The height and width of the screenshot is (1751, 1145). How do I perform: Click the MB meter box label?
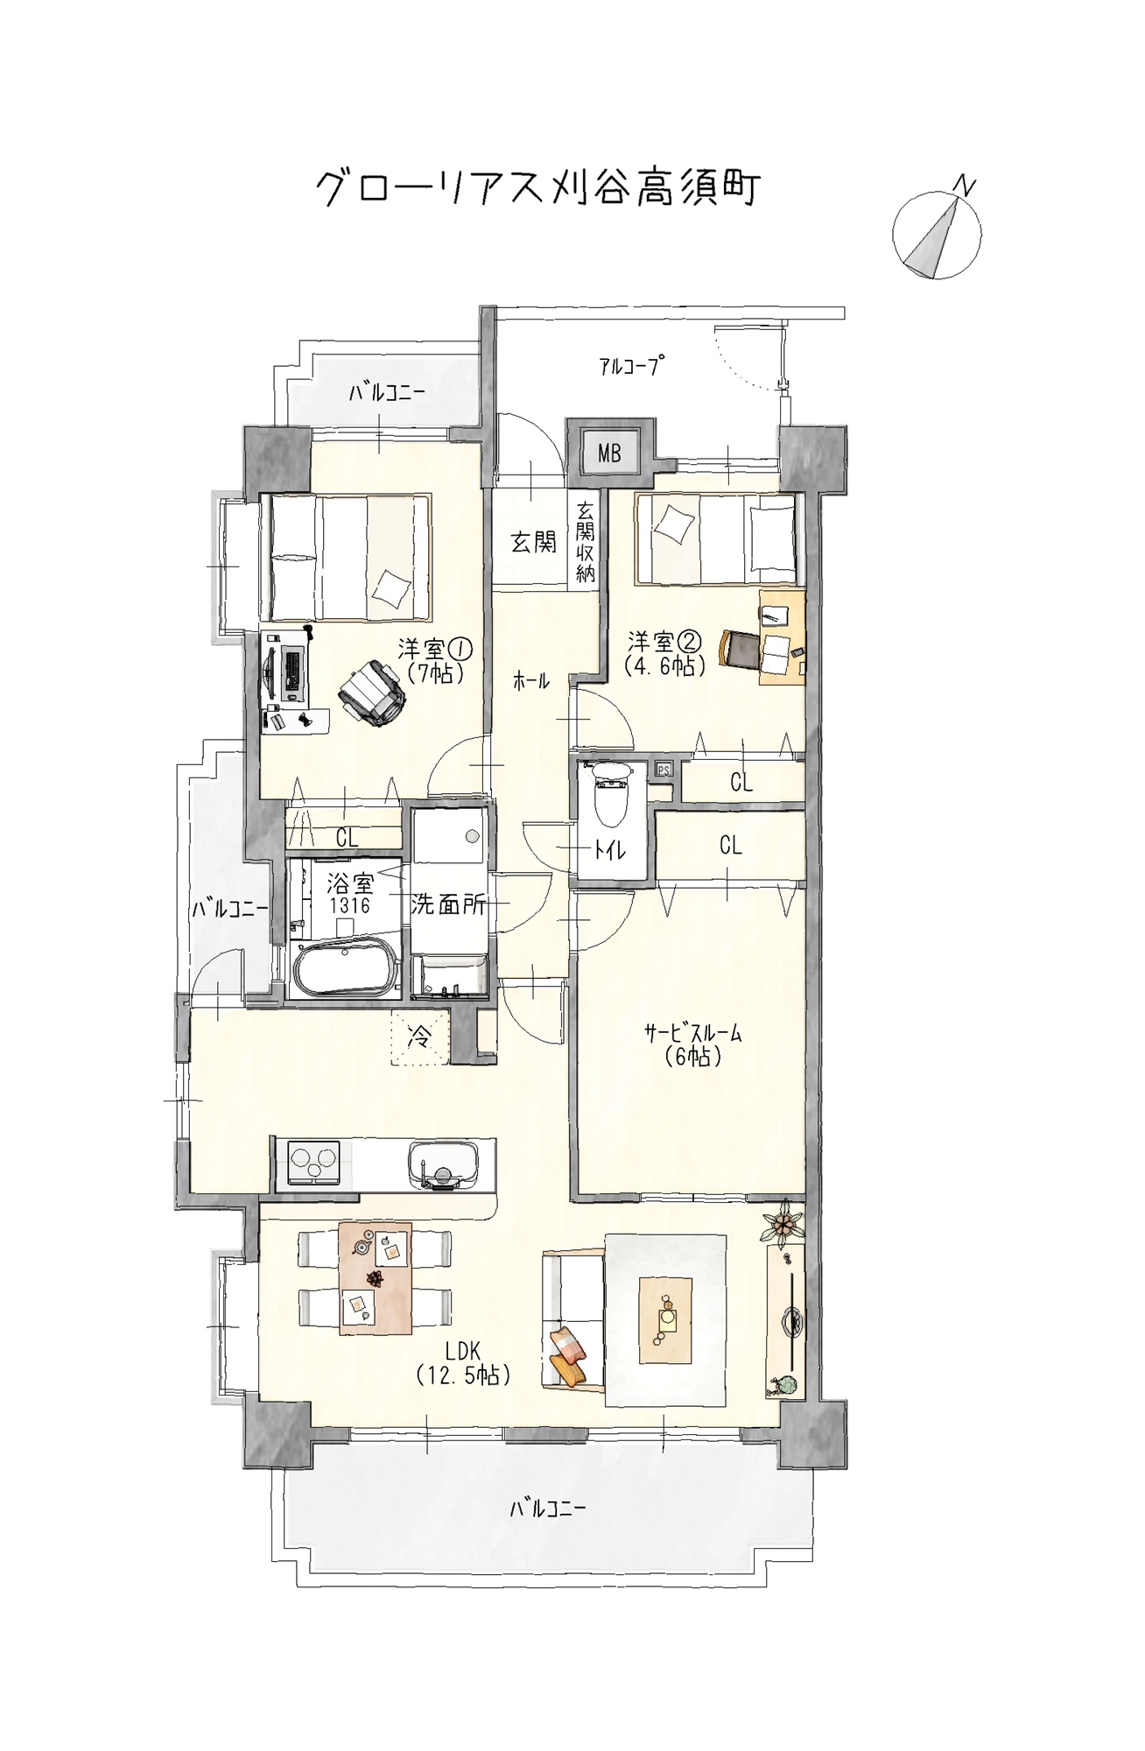coord(609,453)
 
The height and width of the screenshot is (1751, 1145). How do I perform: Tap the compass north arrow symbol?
coord(937,235)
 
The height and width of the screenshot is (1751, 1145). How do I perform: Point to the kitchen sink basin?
coord(443,1165)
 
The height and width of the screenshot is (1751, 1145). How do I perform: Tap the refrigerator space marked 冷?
coord(420,1037)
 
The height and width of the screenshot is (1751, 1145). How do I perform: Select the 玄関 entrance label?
coord(533,543)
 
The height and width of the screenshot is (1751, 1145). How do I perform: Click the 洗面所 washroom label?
coord(448,904)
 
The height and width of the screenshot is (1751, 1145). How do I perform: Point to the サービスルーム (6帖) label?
coord(692,1044)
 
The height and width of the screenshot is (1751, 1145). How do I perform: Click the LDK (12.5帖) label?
coord(463,1363)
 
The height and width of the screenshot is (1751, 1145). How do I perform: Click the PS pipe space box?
coord(664,770)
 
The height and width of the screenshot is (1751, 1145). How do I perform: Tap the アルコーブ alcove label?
coord(629,366)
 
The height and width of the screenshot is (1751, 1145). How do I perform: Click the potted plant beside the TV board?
coord(783,1223)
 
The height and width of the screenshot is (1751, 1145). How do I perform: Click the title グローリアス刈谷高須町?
coord(537,187)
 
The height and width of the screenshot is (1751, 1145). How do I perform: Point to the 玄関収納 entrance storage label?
coord(585,542)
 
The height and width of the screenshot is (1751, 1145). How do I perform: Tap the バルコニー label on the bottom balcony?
coord(548,1508)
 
